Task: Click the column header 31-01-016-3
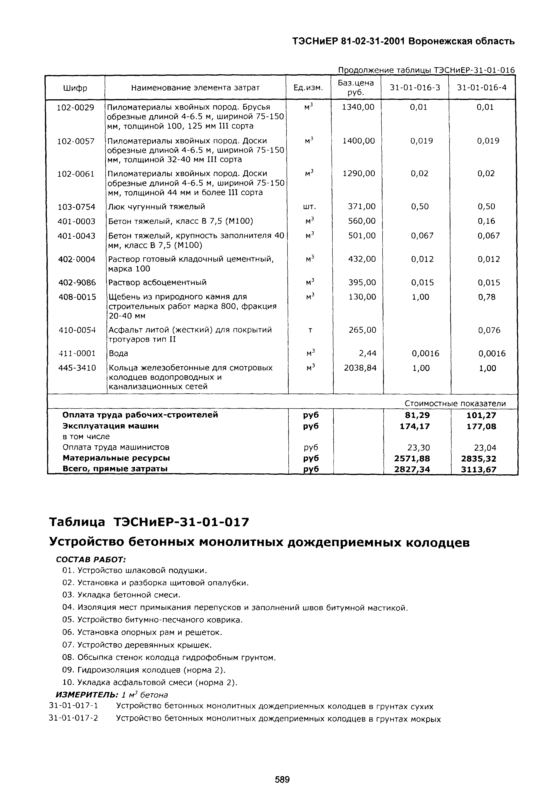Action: pyautogui.click(x=415, y=88)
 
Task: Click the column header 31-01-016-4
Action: pyautogui.click(x=482, y=88)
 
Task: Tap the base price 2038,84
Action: pyautogui.click(x=360, y=368)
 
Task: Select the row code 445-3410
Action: pyautogui.click(x=77, y=368)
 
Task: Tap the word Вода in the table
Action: pyautogui.click(x=118, y=354)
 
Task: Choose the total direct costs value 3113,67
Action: pyautogui.click(x=479, y=469)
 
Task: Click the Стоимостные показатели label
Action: pyautogui.click(x=455, y=404)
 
